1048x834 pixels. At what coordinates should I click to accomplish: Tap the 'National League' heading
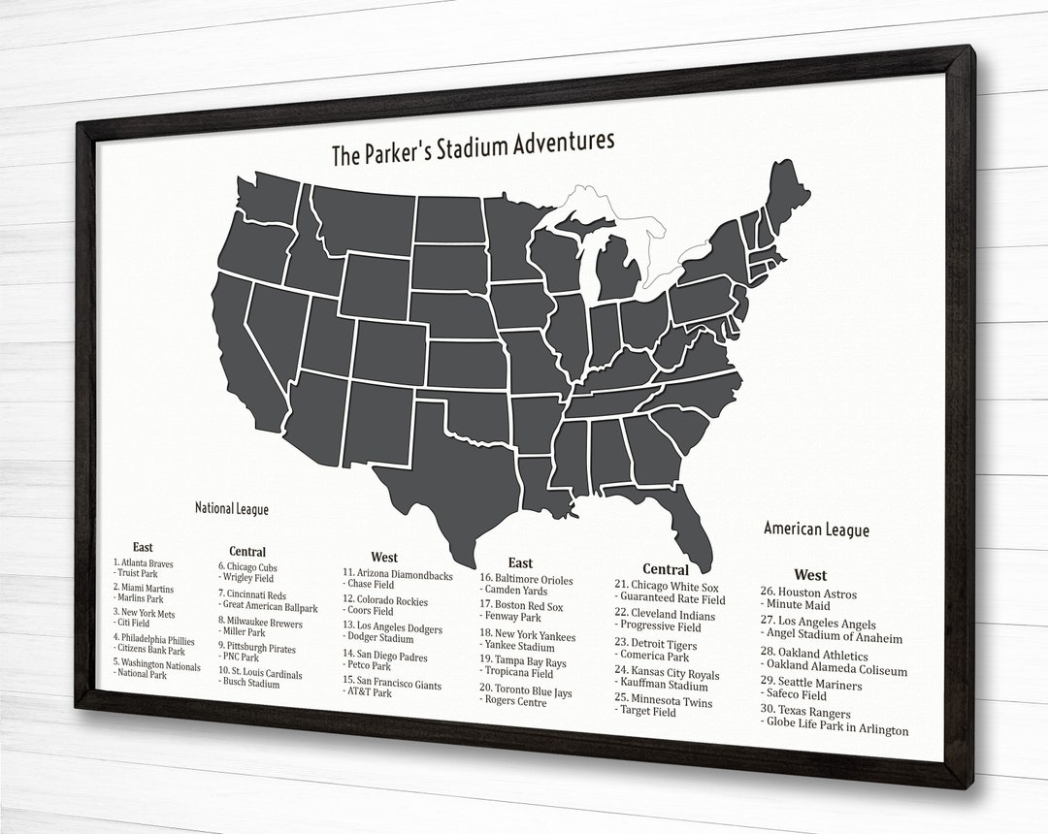point(231,508)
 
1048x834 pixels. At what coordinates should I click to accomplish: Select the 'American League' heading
point(816,529)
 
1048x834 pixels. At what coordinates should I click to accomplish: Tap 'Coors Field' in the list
point(369,612)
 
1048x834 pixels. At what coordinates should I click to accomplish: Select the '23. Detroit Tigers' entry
point(656,643)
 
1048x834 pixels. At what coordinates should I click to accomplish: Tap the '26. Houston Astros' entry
point(808,593)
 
